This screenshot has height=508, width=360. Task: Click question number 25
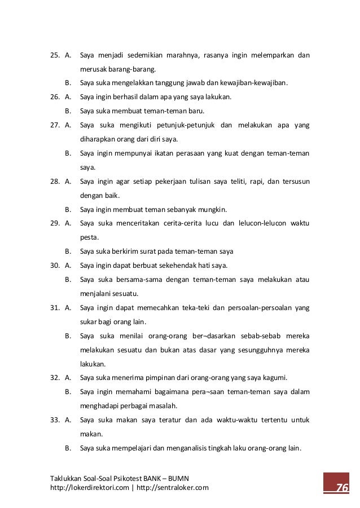pyautogui.click(x=55, y=55)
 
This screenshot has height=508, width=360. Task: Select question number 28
pyautogui.click(x=55, y=182)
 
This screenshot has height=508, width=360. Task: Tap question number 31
pyautogui.click(x=55, y=307)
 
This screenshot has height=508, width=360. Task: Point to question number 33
pyautogui.click(x=55, y=419)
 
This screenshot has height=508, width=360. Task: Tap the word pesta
pyautogui.click(x=89, y=237)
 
